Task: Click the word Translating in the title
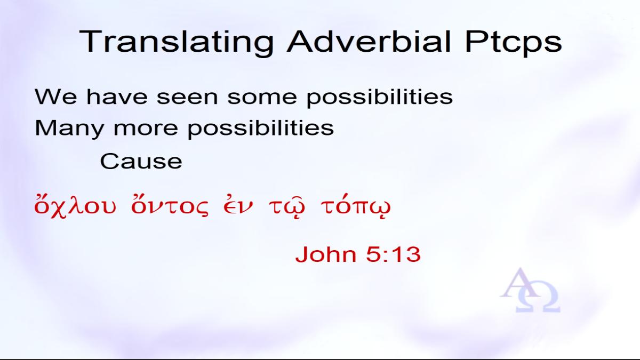click(176, 42)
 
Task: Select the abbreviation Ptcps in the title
click(514, 42)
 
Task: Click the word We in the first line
click(55, 97)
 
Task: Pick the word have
click(117, 97)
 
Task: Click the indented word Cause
click(141, 162)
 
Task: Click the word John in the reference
click(326, 254)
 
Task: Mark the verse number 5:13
click(394, 254)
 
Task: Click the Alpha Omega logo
click(530, 290)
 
